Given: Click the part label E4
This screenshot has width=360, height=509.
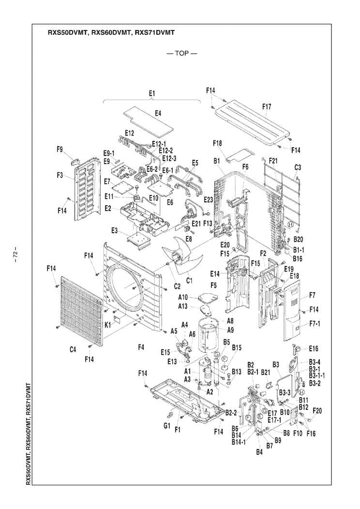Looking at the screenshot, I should point(158,113).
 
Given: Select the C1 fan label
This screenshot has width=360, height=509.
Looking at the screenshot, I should point(190,280).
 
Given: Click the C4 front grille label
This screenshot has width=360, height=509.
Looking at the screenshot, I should point(73,349).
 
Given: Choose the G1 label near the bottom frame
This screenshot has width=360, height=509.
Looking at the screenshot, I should point(167,426).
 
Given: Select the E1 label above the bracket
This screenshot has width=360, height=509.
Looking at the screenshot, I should point(152,92).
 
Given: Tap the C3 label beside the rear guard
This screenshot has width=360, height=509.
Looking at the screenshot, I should point(298,167).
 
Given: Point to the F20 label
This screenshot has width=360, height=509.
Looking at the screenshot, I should point(318,410).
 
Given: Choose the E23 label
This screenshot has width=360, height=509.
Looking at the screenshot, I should point(208,199).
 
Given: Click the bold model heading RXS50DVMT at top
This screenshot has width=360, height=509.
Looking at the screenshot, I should point(64,32).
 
